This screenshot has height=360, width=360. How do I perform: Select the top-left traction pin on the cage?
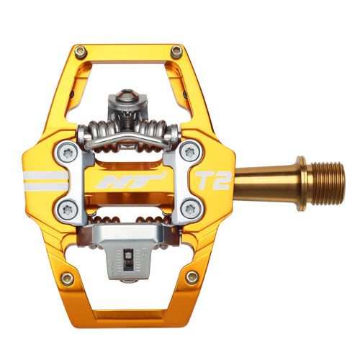point(81,51)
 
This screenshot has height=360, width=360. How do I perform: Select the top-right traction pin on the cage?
point(176,52)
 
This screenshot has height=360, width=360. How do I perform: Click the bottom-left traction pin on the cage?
point(67,278)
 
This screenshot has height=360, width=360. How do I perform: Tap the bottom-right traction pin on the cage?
point(192,276)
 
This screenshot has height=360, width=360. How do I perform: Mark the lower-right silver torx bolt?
point(190,209)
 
